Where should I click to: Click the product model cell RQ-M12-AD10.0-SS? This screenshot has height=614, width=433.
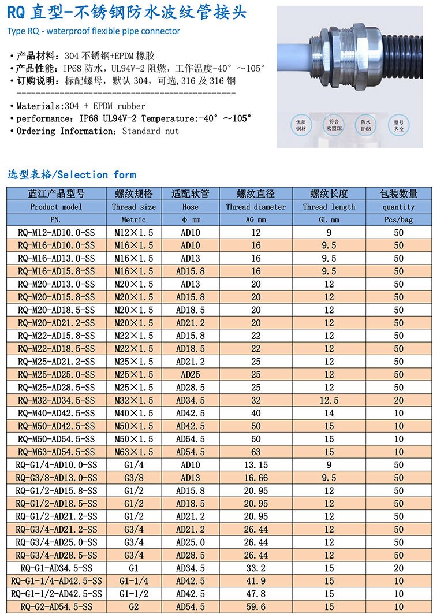[x=56, y=233]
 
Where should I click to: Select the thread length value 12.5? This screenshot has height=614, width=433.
[x=329, y=400]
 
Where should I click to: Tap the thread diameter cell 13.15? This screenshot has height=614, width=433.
[x=256, y=465]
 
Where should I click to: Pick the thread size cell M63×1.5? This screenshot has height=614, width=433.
[x=134, y=452]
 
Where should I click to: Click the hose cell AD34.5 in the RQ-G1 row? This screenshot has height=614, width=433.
[x=191, y=568]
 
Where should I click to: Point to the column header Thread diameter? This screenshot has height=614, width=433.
[x=256, y=207]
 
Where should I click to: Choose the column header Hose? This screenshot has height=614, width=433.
[x=191, y=207]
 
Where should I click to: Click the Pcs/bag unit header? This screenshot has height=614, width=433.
[x=398, y=219]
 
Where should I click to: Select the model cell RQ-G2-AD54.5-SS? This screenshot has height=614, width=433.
[x=56, y=606]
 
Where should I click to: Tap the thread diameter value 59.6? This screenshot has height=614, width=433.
[x=256, y=606]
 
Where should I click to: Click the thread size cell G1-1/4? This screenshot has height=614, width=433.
[x=134, y=580]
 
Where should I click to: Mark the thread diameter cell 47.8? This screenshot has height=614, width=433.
[x=256, y=594]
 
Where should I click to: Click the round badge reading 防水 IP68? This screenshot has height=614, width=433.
[x=365, y=125]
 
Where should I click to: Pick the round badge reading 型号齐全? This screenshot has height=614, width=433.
[x=398, y=125]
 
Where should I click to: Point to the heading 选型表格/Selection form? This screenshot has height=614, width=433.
[x=72, y=174]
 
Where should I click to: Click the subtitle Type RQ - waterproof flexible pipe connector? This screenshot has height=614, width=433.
[x=94, y=31]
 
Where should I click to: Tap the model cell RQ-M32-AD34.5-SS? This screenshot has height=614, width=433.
[x=56, y=400]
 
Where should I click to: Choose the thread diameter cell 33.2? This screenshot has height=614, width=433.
[x=256, y=568]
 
